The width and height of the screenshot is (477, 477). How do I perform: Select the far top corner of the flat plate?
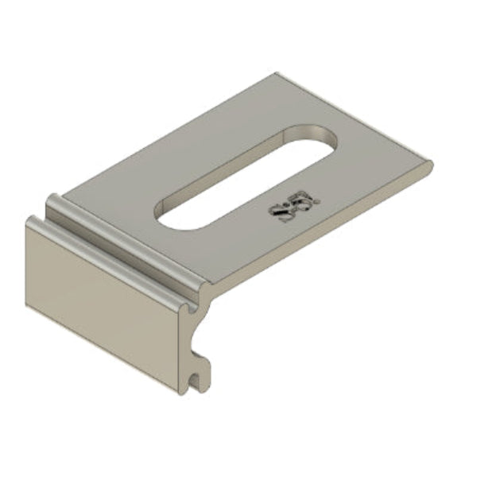277,74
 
